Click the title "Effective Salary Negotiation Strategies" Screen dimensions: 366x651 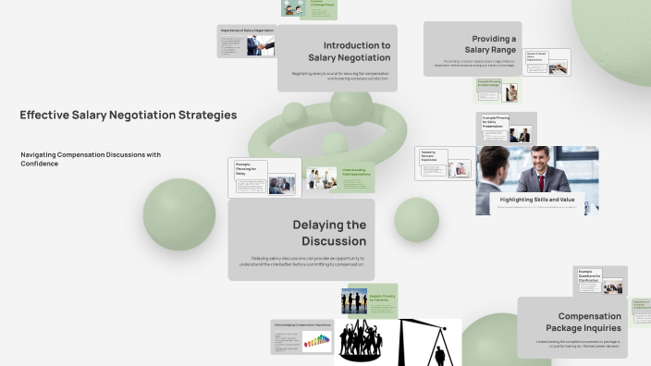(x=128, y=116)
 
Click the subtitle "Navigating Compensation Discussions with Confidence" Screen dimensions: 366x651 (x=91, y=159)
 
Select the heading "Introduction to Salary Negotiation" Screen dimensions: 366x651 (x=356, y=51)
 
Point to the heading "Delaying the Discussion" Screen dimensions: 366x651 (x=329, y=233)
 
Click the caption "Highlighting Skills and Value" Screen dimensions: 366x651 (x=537, y=199)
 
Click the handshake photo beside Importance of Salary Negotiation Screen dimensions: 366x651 (x=254, y=47)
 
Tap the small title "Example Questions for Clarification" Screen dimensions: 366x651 (x=589, y=275)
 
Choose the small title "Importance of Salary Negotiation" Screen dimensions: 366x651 (x=246, y=30)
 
